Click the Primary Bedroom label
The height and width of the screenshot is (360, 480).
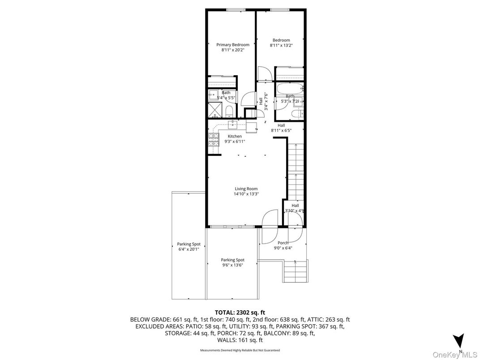point(232,45)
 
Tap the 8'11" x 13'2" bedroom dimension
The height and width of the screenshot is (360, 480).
point(281,45)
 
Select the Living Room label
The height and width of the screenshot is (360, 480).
point(246,189)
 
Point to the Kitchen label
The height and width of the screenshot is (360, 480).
point(234,137)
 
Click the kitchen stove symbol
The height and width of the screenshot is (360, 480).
point(213,141)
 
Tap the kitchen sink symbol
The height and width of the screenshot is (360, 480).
point(233,124)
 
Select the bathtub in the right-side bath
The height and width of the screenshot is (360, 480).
point(289,88)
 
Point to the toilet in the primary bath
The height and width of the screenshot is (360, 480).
point(229,110)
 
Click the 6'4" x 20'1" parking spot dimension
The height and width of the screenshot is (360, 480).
point(188,249)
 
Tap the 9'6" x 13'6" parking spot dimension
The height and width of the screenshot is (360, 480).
point(232,265)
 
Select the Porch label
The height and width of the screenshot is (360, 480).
point(283,243)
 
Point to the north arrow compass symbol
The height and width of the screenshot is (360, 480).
point(458,341)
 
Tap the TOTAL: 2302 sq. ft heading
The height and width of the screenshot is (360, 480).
point(240,312)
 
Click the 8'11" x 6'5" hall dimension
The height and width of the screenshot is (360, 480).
point(281,131)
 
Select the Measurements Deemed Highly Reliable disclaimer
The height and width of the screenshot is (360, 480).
point(240,350)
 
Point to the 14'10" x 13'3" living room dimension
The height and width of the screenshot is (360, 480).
point(246,194)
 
